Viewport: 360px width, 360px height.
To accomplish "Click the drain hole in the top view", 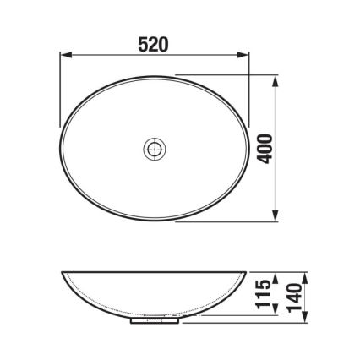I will [154, 149].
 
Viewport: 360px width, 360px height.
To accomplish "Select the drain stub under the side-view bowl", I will [155, 320].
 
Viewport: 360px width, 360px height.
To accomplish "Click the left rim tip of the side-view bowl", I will [62, 273].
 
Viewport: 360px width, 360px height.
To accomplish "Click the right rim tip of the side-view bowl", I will [246, 273].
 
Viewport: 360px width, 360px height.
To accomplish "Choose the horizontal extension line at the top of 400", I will [228, 74].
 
